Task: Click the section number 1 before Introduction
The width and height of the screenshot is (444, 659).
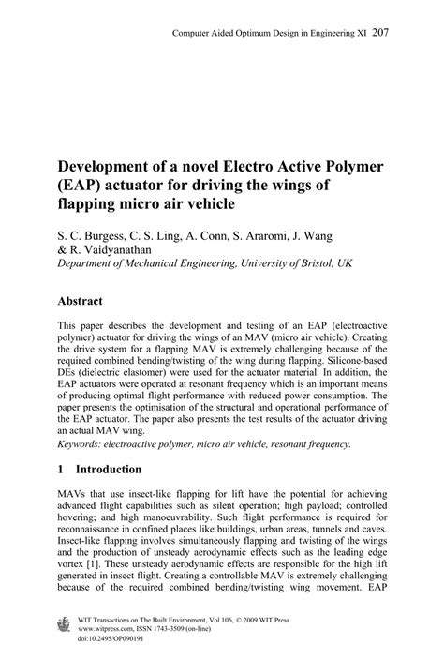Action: (61, 469)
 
